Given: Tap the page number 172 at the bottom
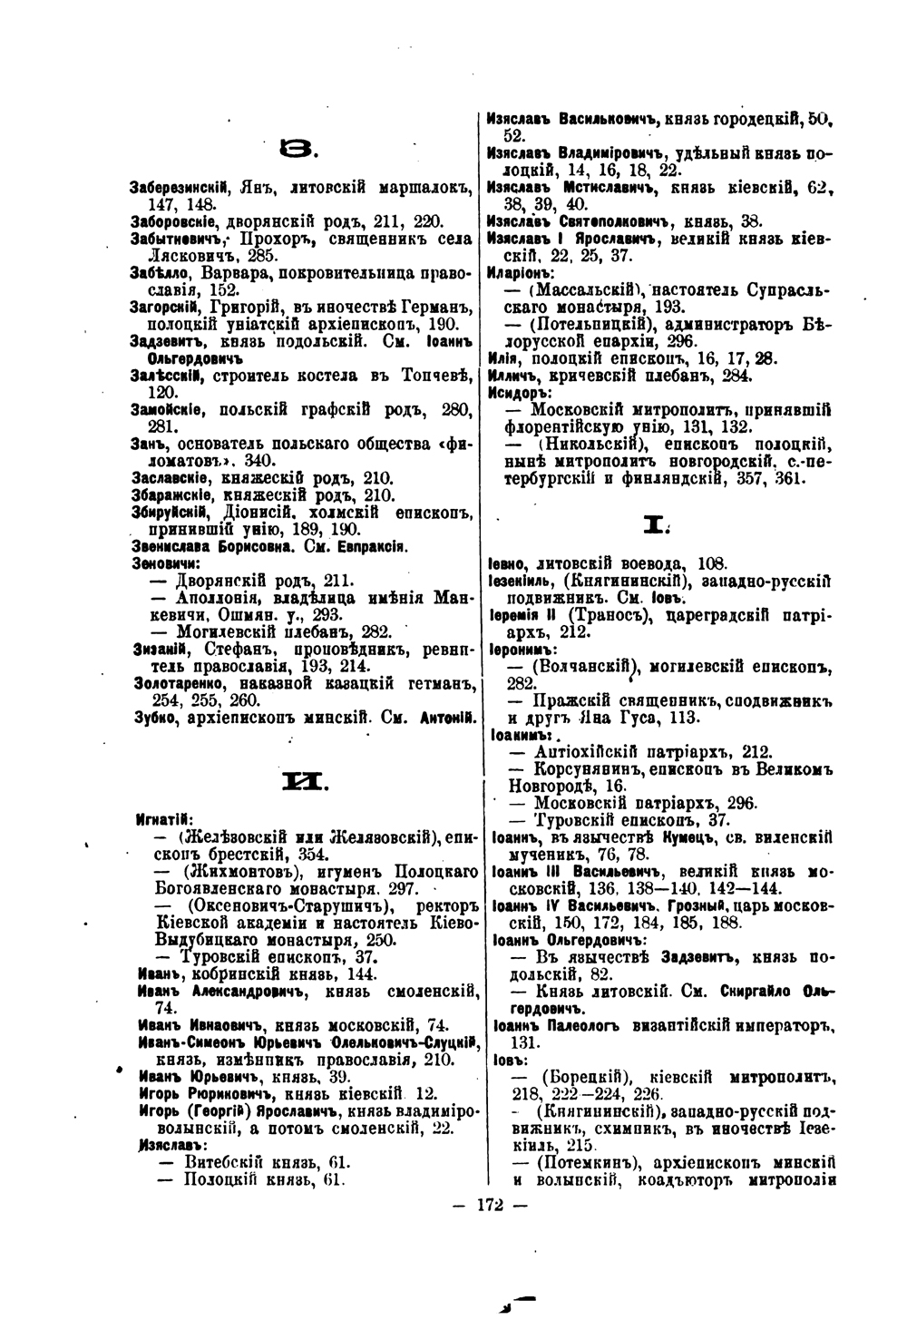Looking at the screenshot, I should point(488,1205).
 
